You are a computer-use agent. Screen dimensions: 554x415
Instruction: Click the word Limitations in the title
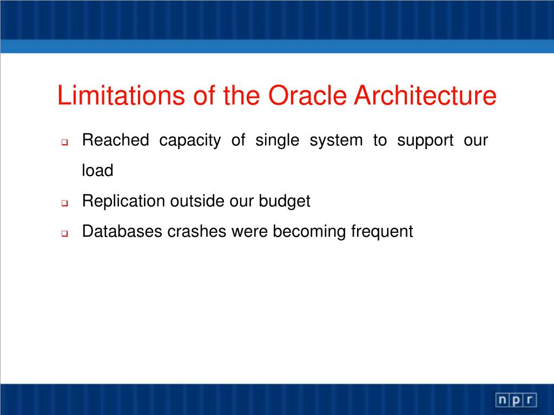pos(121,95)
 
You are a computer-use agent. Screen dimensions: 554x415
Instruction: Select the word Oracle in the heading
pos(307,95)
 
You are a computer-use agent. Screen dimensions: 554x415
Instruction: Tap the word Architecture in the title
pos(425,95)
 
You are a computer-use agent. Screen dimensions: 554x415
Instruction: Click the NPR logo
pos(516,400)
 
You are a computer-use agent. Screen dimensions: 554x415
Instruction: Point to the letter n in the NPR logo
pos(503,400)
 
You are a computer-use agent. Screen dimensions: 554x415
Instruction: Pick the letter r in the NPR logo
pos(530,400)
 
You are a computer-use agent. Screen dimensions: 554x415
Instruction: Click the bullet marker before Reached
pos(64,143)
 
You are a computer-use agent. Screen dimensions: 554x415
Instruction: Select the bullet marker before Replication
pos(64,203)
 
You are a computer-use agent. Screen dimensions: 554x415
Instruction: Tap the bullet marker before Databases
pos(64,233)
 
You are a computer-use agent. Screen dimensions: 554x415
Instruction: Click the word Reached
pos(116,140)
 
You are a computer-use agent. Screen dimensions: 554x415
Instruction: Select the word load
pos(97,170)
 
